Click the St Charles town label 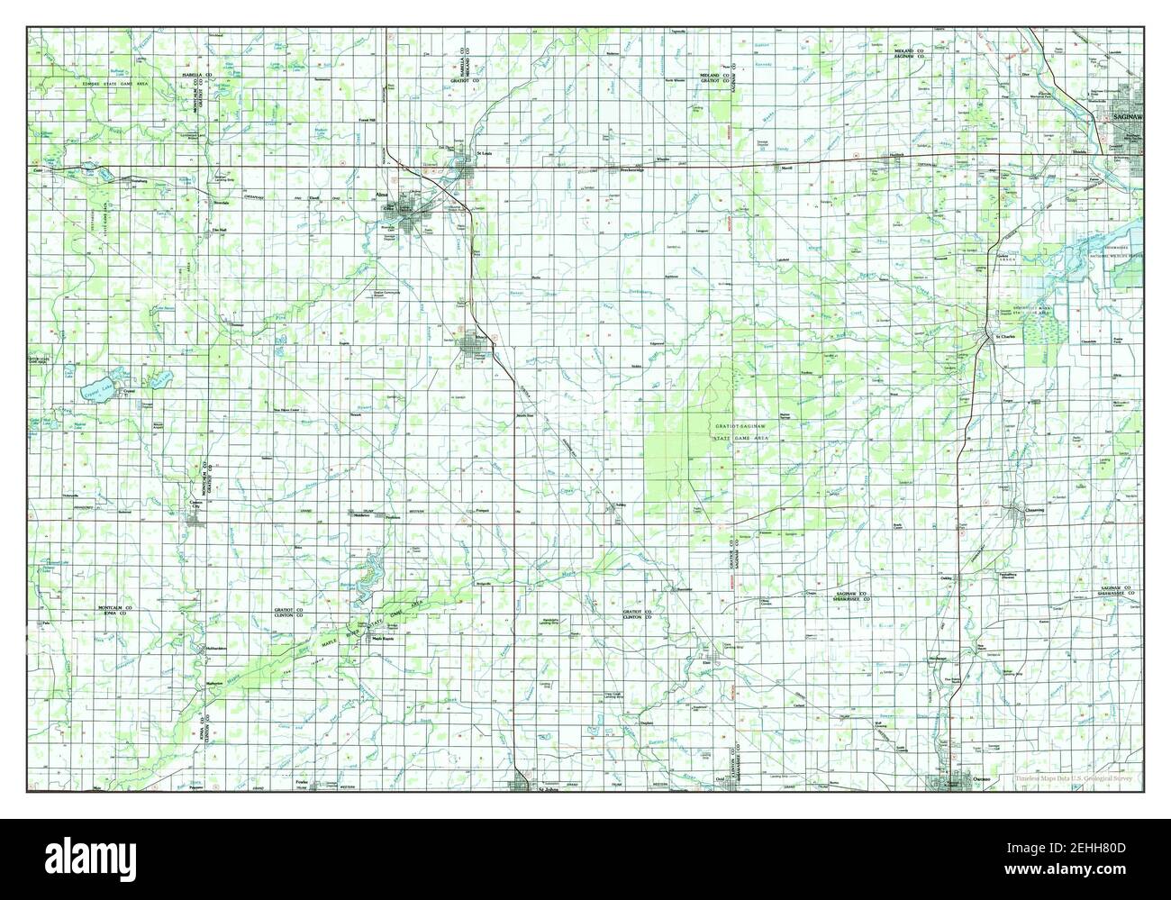(x=1003, y=338)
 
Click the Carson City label (x=194, y=505)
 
